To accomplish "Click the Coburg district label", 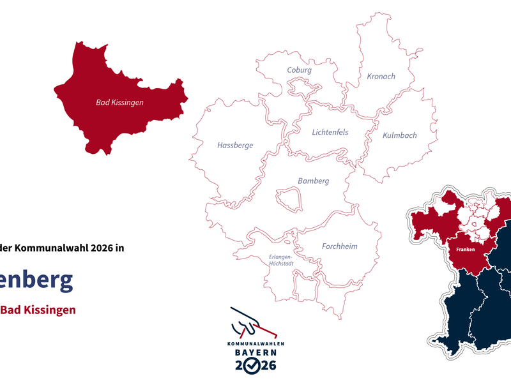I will pos(299,70).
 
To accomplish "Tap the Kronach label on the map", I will pos(381,77).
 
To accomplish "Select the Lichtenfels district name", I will pos(330,133).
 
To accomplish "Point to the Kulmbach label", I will pos(399,135).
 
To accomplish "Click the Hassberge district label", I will pos(235,146).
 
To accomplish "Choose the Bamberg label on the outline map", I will pos(313,181).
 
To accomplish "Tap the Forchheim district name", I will pos(339,246).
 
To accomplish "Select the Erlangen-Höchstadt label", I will pos(280,260).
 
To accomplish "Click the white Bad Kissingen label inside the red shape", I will pos(119,102).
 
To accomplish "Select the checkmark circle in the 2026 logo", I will pos(254,366).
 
